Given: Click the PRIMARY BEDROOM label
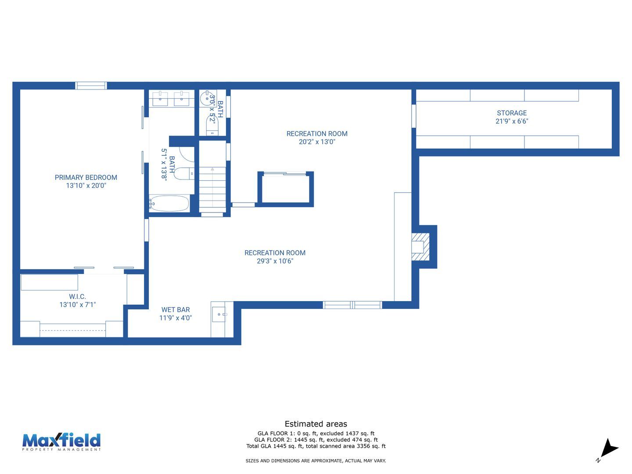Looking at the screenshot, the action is click(86, 177).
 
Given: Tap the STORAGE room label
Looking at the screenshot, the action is click(512, 113).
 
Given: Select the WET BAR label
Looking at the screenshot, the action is click(176, 310).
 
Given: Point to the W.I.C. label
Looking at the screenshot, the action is click(77, 296).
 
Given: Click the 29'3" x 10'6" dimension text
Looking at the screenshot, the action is click(275, 261).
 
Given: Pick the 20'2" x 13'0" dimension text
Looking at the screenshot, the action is click(317, 142).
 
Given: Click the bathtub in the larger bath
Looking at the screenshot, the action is click(169, 204).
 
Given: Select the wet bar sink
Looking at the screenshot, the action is click(219, 314).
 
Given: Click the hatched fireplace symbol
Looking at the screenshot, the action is click(420, 247).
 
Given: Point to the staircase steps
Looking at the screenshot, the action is click(212, 189).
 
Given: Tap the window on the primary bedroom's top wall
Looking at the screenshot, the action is click(91, 86).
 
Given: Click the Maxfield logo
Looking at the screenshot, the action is click(61, 442).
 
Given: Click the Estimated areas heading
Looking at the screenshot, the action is click(316, 424).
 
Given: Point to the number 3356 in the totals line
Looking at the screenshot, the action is click(363, 446).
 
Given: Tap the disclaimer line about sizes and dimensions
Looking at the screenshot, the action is click(316, 461).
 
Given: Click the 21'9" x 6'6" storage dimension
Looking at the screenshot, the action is click(512, 121).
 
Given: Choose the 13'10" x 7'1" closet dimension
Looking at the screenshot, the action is click(77, 305).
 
